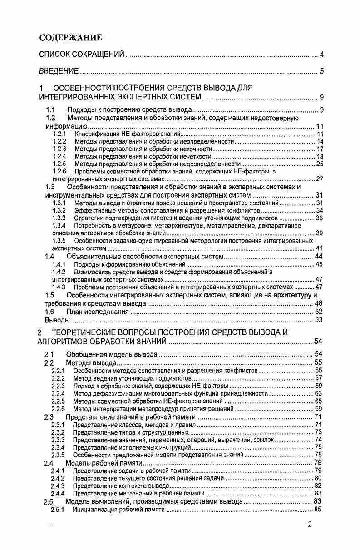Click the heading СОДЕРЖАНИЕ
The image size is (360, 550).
click(x=70, y=38)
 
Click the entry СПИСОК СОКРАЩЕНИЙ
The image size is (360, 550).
click(x=82, y=55)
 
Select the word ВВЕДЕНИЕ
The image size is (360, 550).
click(x=59, y=71)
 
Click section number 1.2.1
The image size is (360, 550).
click(x=59, y=134)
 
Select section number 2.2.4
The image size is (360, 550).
click(x=58, y=393)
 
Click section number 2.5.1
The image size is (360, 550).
click(x=58, y=510)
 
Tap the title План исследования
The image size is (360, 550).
click(x=98, y=312)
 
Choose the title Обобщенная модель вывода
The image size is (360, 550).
click(x=112, y=354)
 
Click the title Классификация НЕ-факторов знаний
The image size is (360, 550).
click(x=128, y=134)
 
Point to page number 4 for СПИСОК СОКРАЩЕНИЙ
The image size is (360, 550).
click(x=321, y=55)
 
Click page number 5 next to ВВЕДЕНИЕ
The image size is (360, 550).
click(x=321, y=71)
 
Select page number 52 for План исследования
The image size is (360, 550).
click(x=318, y=312)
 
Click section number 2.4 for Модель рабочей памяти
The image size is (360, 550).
click(x=49, y=463)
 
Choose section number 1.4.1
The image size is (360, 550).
click(x=59, y=264)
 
